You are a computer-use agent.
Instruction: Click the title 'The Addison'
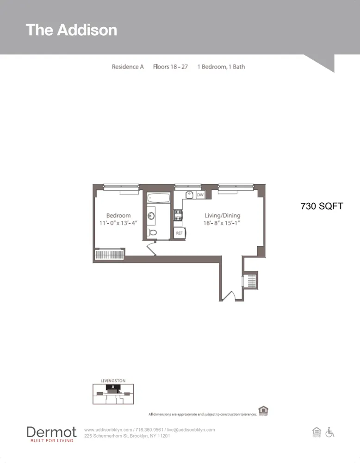[x=71, y=30]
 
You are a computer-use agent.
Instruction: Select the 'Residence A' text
[x=128, y=67]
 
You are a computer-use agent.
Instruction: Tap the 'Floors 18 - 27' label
[x=170, y=67]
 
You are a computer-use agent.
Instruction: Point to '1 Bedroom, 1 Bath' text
[x=221, y=67]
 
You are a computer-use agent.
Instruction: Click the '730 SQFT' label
[x=322, y=206]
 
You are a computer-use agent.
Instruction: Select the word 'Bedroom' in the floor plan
[x=118, y=215]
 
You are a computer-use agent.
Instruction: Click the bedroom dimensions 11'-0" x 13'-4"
[x=118, y=223]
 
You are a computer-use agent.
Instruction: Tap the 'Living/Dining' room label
[x=223, y=215]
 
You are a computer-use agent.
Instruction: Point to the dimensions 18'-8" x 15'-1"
[x=223, y=223]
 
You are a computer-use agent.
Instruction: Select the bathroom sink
[x=151, y=215]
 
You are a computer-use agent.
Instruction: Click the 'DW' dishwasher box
[x=200, y=195]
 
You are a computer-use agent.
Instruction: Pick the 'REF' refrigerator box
[x=179, y=233]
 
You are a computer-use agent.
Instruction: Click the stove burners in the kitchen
[x=178, y=215]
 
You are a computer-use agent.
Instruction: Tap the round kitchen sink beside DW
[x=189, y=194]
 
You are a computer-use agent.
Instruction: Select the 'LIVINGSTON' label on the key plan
[x=113, y=381]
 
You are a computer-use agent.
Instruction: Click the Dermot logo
[x=51, y=434]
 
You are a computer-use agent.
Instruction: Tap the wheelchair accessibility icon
[x=330, y=432]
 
